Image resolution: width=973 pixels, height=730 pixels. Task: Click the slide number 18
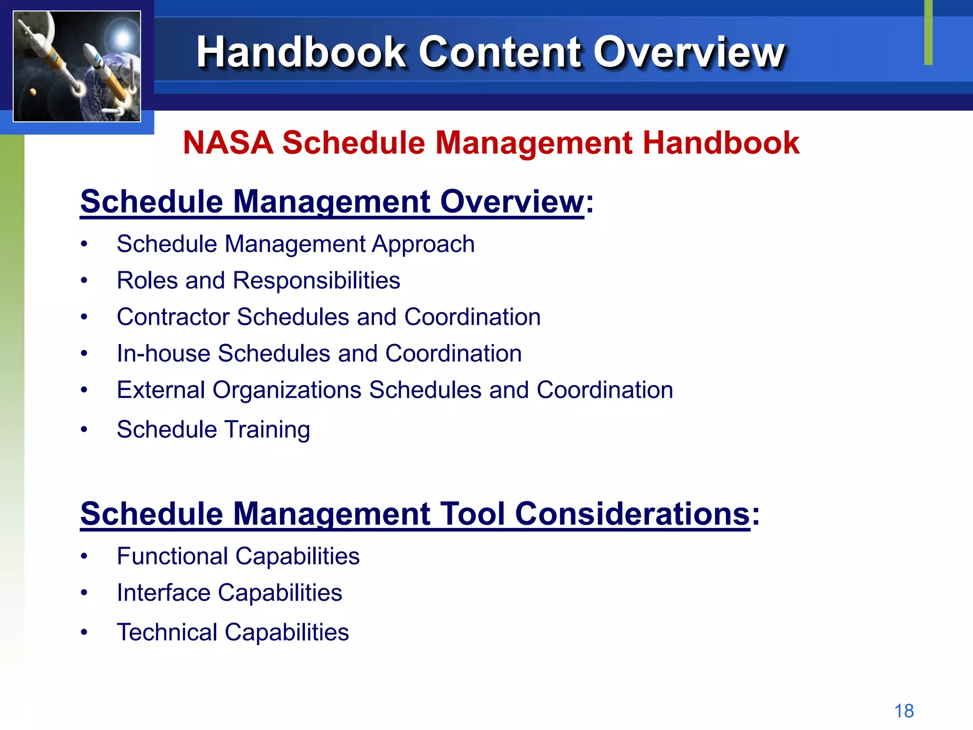[x=904, y=711]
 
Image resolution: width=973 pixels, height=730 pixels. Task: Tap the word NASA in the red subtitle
[x=228, y=143]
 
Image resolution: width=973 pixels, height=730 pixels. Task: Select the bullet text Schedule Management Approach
[x=296, y=244]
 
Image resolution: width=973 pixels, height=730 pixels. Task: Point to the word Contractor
[x=173, y=317]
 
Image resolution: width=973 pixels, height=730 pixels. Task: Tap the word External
[x=161, y=390]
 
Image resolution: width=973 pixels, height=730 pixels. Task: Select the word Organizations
[x=287, y=390]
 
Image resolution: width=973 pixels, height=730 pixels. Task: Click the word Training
[x=267, y=430]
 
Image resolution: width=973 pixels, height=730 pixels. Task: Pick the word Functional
[x=172, y=556]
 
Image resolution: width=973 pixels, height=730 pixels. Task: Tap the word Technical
[x=167, y=632]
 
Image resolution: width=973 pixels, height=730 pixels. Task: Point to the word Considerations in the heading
[x=632, y=514]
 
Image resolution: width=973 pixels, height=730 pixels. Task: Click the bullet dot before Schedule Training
[x=84, y=430]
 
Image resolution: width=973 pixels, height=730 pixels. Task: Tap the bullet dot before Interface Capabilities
[x=84, y=593]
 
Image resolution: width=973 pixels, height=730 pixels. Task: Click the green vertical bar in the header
[x=928, y=32]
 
